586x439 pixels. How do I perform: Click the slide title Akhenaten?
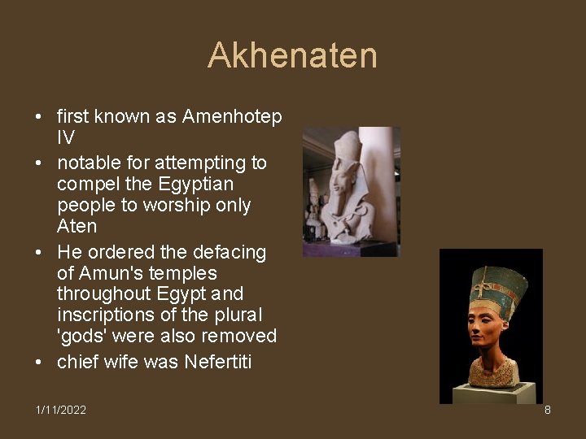292,56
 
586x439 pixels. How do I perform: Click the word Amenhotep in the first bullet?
232,117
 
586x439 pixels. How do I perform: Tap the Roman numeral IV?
65,138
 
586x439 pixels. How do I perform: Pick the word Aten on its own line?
77,227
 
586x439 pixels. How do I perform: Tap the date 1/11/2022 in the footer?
61,410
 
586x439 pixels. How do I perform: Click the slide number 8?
547,410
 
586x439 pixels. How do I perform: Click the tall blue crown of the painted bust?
497,285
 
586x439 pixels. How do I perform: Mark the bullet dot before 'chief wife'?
39,362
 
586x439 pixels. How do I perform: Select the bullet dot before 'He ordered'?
39,253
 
